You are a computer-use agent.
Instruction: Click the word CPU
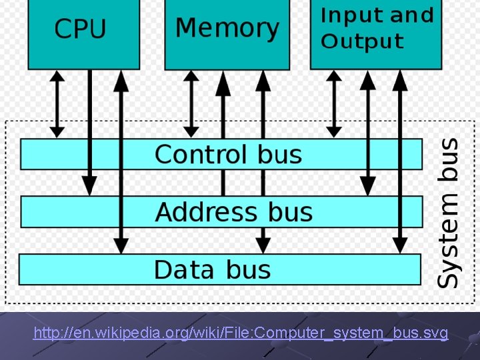pyautogui.click(x=80, y=29)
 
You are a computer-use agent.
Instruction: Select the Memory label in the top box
pyautogui.click(x=227, y=29)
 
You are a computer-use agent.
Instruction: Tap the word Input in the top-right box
pyautogui.click(x=351, y=15)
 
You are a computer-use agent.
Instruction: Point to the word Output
pyautogui.click(x=362, y=41)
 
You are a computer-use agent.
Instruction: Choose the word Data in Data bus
pyautogui.click(x=184, y=270)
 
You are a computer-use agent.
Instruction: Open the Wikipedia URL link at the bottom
pyautogui.click(x=241, y=333)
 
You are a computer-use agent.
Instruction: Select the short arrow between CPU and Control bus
pyautogui.click(x=58, y=104)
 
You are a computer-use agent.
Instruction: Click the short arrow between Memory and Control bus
pyautogui.click(x=191, y=104)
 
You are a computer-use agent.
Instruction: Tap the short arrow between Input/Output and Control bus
pyautogui.click(x=334, y=104)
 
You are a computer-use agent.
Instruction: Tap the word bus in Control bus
pyautogui.click(x=280, y=154)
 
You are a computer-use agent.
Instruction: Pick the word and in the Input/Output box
pyautogui.click(x=411, y=15)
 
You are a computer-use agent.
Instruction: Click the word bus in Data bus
pyautogui.click(x=248, y=270)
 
